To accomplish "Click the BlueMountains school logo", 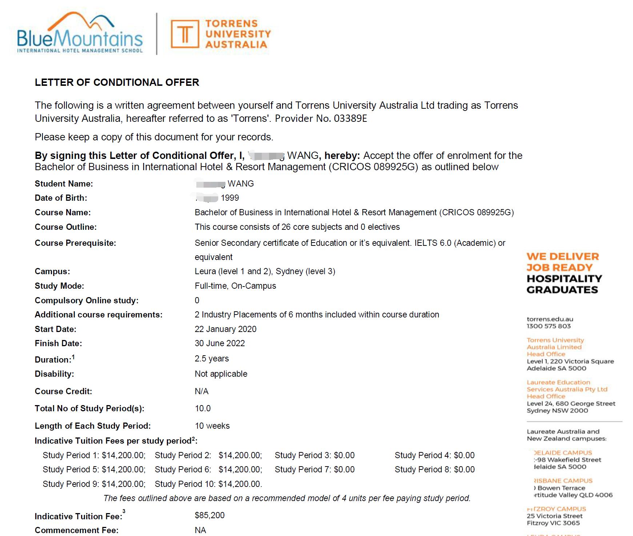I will tap(80, 33).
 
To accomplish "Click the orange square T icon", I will tap(185, 34).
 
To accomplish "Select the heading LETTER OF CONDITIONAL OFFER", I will tap(117, 83).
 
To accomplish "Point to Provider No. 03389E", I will tap(321, 119).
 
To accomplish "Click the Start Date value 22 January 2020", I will tap(225, 329).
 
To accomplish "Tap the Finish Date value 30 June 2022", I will tap(220, 343).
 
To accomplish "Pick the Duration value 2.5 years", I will tap(212, 359).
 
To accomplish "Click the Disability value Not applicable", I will tap(221, 374).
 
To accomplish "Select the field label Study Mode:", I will tap(59, 286).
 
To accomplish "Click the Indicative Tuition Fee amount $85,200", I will tap(209, 515).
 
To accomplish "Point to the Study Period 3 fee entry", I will tap(315, 455).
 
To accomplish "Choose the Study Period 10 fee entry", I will tap(208, 484).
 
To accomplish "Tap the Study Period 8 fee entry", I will tap(434, 469).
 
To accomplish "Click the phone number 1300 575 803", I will tap(549, 326).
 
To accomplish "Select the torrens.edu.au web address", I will tap(550, 319).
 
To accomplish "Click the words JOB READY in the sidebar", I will tap(560, 268).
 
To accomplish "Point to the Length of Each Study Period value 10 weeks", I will tap(212, 426).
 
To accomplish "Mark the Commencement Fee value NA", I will tap(200, 530).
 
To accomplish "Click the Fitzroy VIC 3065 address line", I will tap(553, 523).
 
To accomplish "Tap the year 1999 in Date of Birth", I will tap(230, 198).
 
